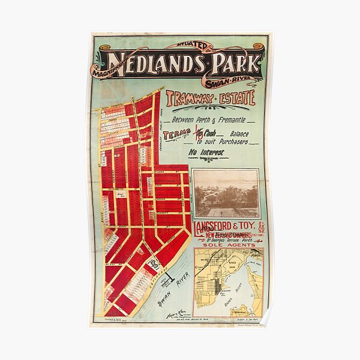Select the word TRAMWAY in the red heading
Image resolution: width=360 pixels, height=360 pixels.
point(191,98)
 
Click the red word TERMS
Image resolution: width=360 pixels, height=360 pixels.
point(176,134)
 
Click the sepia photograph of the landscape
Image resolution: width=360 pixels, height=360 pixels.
point(226,193)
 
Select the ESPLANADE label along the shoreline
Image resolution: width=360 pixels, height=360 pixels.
point(155,275)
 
